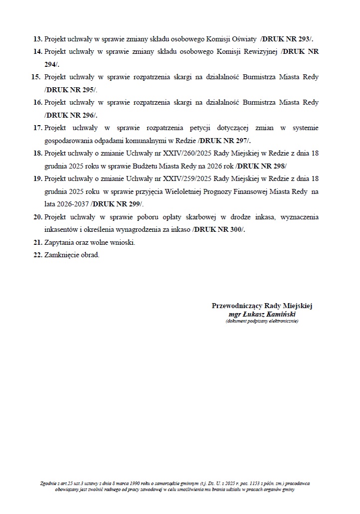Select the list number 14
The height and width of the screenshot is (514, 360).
(37, 51)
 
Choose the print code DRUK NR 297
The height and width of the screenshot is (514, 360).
(224, 141)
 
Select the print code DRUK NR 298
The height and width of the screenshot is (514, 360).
(262, 166)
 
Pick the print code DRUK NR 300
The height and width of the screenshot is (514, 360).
(219, 229)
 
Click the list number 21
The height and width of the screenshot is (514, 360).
(37, 242)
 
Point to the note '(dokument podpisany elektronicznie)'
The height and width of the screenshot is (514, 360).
(262, 322)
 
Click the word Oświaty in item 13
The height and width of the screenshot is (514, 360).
(244, 38)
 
